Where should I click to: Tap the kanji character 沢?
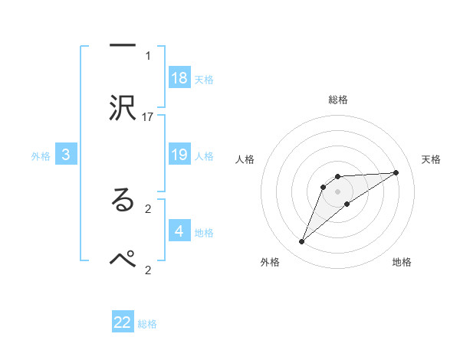(123, 108)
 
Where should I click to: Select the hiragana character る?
(123, 200)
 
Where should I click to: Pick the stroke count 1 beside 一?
(148, 55)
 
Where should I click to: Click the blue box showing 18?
(179, 77)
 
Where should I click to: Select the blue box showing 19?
(179, 154)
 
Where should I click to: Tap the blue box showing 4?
(179, 231)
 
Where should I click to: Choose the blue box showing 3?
(66, 155)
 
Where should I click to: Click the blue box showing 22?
(123, 322)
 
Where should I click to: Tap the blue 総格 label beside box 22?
(147, 324)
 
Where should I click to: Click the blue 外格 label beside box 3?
(41, 155)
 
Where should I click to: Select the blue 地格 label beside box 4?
(204, 232)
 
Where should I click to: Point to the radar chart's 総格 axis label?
(338, 100)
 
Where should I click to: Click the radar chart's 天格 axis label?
(432, 159)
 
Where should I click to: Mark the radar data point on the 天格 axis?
(396, 172)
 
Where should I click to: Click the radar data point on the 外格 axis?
(301, 242)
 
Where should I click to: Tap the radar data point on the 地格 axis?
(347, 204)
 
